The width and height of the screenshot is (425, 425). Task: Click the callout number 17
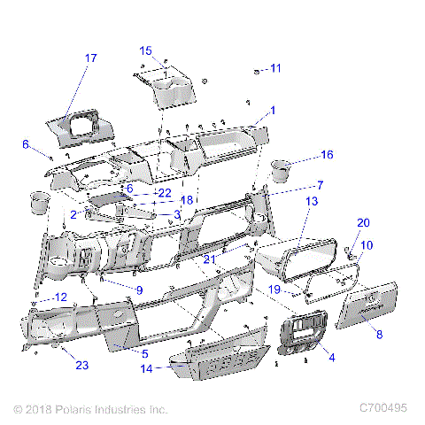[x=90, y=58]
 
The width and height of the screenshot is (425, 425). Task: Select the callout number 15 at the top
[x=146, y=50]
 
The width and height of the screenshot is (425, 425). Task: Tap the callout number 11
[x=275, y=68]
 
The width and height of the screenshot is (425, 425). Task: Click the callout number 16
[x=327, y=155]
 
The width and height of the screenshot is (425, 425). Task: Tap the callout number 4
[x=331, y=357]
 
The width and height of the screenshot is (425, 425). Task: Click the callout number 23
[x=81, y=364]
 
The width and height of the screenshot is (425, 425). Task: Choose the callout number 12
[x=60, y=297]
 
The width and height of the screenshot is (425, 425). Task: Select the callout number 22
[x=164, y=191]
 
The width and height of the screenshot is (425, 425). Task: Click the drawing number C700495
[x=382, y=408]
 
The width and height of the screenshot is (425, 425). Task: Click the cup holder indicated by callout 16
[x=282, y=168]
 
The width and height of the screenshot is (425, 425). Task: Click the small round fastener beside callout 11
[x=256, y=69]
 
